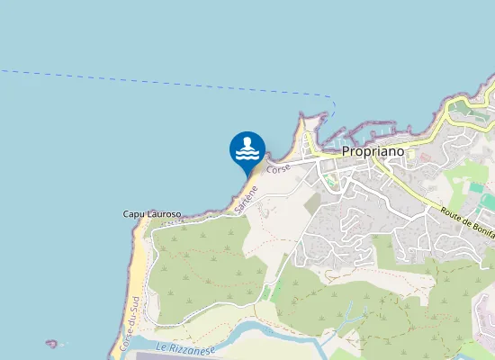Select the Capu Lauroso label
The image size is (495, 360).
click(152, 214)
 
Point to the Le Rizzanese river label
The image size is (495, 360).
click(186, 347)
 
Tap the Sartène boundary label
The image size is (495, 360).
click(246, 198)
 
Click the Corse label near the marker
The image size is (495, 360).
click(278, 168)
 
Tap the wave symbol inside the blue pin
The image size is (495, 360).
click(247, 155)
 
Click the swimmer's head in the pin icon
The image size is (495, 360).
click(247, 142)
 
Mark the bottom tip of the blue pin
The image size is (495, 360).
click(247, 176)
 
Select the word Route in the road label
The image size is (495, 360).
click(451, 215)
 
